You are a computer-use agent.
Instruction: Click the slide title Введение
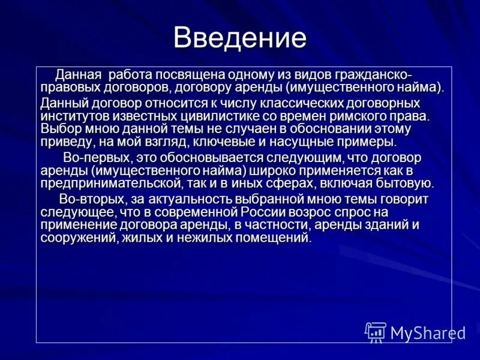(240, 38)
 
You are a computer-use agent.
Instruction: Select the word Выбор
(59, 128)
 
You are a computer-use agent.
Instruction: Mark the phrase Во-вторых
(87, 199)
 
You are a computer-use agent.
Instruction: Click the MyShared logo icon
(376, 332)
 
